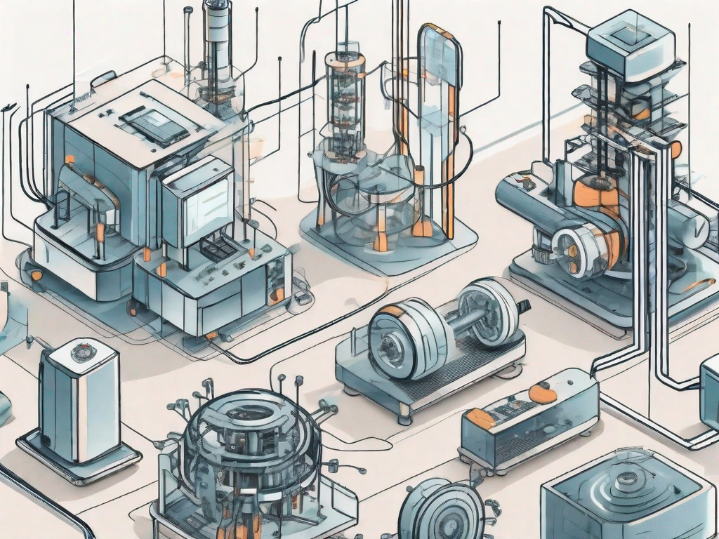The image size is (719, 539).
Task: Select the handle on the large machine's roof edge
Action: click(103, 77)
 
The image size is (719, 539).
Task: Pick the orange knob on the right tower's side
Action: click(675, 149)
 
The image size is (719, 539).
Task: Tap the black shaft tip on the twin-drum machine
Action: click(523, 307)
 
